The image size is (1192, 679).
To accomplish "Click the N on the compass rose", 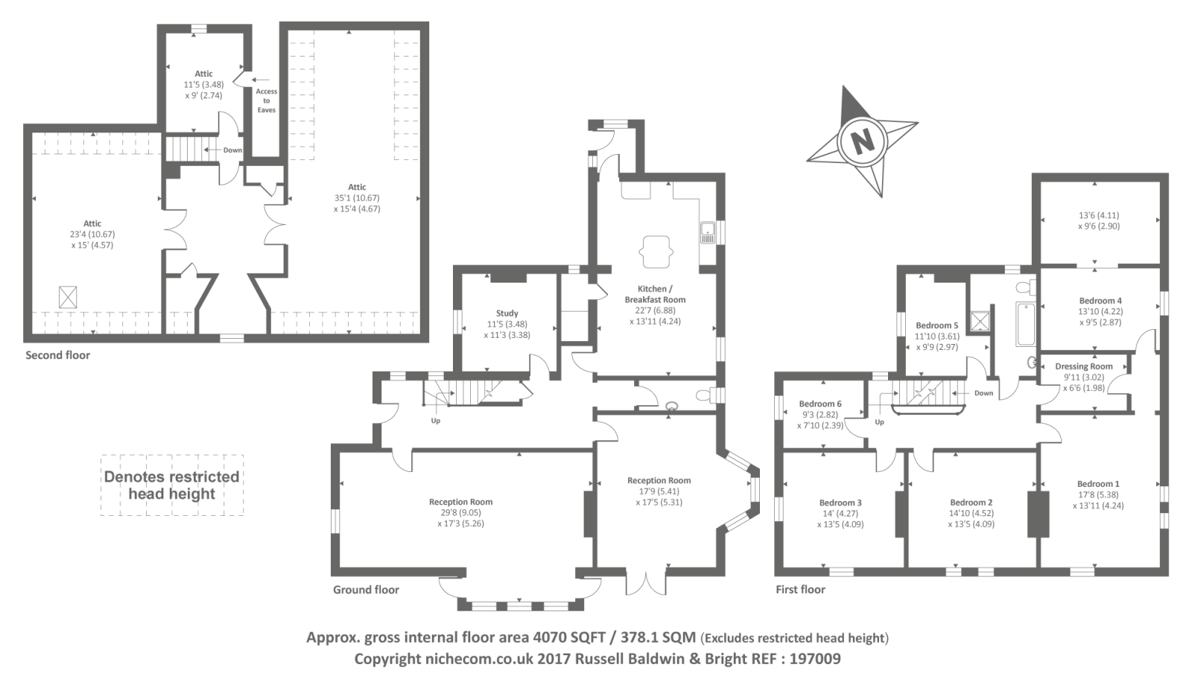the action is [862, 141].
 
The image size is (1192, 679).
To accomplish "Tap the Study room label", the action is [507, 313].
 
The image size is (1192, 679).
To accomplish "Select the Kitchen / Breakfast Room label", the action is [655, 294].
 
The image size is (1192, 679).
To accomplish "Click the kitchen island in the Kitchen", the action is [656, 252].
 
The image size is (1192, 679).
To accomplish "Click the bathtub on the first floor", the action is [1027, 325].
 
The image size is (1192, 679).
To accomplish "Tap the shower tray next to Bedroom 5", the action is [980, 321].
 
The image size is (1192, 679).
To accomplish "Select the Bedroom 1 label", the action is [1098, 484].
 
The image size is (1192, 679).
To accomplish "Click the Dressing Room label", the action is [1084, 366].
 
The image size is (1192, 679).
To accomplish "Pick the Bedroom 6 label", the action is [820, 404].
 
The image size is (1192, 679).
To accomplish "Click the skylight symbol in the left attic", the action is [68, 297].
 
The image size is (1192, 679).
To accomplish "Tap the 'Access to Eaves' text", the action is [267, 101].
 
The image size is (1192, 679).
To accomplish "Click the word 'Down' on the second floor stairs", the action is [232, 150].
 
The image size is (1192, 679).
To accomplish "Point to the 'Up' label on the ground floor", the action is [435, 421].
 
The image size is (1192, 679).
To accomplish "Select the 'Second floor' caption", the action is [58, 355].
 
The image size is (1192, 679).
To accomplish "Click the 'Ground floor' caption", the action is [366, 590].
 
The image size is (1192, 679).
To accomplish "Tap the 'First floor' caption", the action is [800, 590].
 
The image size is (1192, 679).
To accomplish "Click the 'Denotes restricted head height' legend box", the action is [172, 485].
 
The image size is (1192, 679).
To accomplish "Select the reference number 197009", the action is [815, 659].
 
